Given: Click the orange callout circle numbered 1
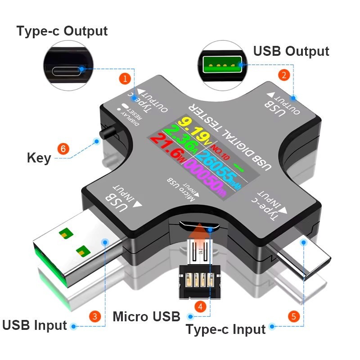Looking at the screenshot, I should coord(125,78).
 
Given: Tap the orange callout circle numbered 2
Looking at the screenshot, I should coord(283,75).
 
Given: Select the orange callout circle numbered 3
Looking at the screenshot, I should coord(94,316).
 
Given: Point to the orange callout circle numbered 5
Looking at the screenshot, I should coord(293,316).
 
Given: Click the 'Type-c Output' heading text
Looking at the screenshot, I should coord(62,31).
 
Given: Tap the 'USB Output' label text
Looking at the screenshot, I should coord(291,51).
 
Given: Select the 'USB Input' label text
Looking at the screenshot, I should coord(35,325).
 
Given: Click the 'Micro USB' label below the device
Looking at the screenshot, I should coord(146,316).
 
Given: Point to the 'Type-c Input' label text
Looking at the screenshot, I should coord(225,329).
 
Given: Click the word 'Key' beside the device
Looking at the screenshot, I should coord(39,158).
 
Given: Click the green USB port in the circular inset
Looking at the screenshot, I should coord(220,66).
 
